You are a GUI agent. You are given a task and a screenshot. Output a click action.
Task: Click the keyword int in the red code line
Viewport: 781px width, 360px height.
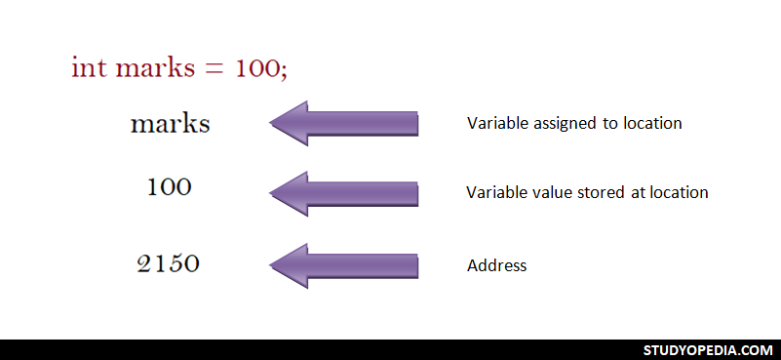[x=88, y=68]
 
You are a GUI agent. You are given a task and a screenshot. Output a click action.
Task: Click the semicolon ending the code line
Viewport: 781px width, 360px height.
[x=284, y=71]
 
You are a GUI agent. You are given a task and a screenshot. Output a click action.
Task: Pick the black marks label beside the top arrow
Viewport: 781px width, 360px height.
[x=170, y=125]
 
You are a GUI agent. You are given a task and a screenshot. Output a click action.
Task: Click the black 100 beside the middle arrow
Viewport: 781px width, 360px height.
[x=170, y=188]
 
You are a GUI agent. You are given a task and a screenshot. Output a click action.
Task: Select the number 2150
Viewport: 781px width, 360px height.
[x=169, y=263]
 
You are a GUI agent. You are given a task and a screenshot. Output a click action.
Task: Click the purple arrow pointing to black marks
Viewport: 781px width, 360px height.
[x=343, y=124]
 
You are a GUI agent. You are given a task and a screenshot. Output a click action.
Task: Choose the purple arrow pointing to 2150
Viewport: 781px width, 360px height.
[x=343, y=264]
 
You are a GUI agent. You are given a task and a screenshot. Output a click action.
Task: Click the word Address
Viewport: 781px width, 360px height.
[x=497, y=265]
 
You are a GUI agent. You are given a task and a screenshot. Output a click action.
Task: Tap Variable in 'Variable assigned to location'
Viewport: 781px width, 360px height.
[x=497, y=124]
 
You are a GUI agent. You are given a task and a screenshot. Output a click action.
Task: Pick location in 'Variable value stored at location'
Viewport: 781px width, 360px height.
[x=679, y=192]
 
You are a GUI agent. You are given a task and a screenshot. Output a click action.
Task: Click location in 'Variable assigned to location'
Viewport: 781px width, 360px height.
[x=652, y=124]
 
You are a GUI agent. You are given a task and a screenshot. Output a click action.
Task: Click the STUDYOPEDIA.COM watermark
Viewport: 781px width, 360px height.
[x=708, y=350]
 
